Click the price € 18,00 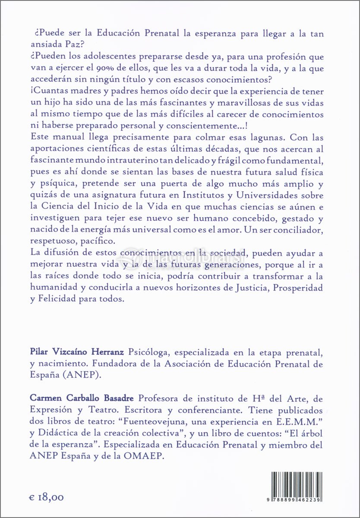pos(47,497)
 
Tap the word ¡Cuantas pos(50,91)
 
